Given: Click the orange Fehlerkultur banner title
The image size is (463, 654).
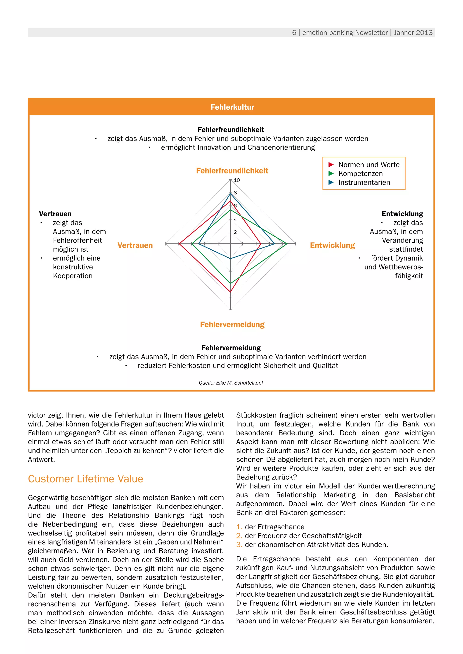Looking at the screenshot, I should [232, 107].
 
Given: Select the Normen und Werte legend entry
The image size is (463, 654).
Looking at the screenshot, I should [369, 165].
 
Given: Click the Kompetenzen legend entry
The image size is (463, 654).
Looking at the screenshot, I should [360, 173].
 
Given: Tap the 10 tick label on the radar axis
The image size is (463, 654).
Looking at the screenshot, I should [237, 180].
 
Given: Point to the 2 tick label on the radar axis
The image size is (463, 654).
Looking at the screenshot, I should [235, 232].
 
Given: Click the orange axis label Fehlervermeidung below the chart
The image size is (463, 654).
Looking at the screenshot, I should [232, 325].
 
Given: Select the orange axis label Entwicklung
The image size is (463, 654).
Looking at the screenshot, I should [332, 245].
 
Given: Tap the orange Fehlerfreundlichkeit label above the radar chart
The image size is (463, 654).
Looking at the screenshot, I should [232, 171].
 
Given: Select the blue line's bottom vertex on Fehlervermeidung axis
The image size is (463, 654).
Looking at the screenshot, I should [230, 259].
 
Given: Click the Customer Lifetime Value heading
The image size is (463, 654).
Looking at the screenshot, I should [85, 479].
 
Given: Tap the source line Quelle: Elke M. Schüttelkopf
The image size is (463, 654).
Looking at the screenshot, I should [231, 383].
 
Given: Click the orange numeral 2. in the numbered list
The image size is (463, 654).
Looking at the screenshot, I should [239, 536].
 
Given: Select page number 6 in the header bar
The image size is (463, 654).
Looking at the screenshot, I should [294, 33].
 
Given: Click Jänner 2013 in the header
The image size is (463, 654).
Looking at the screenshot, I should [413, 33].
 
